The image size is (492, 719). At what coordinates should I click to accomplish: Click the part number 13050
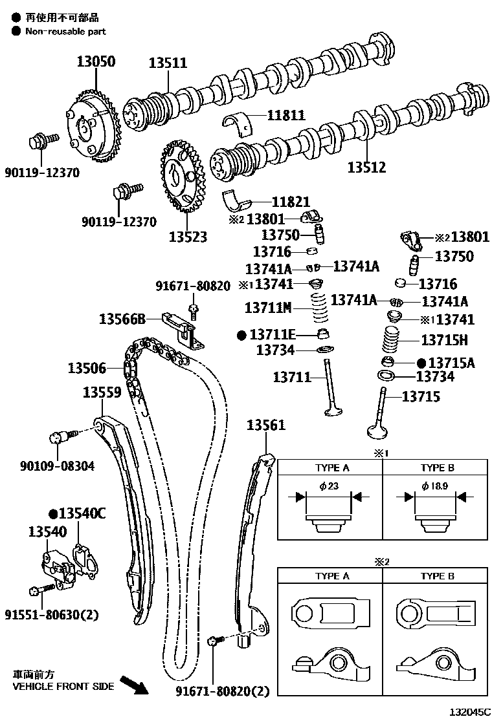click(x=96, y=62)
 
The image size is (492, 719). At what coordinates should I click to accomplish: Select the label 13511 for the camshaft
click(x=168, y=63)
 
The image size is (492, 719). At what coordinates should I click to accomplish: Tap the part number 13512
click(x=366, y=167)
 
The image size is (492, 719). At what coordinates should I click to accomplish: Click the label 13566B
click(x=122, y=318)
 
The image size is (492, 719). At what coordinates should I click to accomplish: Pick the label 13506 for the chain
click(x=87, y=369)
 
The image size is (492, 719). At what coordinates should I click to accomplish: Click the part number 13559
click(x=102, y=392)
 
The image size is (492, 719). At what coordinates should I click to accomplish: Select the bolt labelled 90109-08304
click(x=57, y=438)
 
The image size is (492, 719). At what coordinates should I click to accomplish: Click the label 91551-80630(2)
click(x=52, y=614)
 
